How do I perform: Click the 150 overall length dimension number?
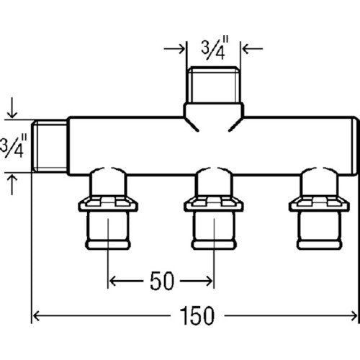tap(197, 315)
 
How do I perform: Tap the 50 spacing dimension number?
tap(162, 281)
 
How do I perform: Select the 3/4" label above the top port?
tap(215, 48)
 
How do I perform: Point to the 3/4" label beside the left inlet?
tap(13, 146)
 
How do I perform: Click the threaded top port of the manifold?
tap(214, 85)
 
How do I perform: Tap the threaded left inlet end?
tap(50, 146)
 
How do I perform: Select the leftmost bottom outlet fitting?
tap(108, 208)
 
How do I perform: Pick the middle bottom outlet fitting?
tap(214, 208)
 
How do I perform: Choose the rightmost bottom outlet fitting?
tap(319, 208)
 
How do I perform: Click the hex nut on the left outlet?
tap(108, 204)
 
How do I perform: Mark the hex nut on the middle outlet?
tap(214, 204)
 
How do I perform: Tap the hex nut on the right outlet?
tap(319, 204)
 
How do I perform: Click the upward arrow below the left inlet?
tap(12, 184)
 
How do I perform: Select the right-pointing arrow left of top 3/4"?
tap(174, 49)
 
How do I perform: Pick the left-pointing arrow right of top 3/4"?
tap(253, 49)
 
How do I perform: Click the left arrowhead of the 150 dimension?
tap(36, 315)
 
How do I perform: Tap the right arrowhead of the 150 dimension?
tap(354, 315)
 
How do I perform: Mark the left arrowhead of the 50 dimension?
tap(113, 281)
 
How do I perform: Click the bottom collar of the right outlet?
tap(319, 245)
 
